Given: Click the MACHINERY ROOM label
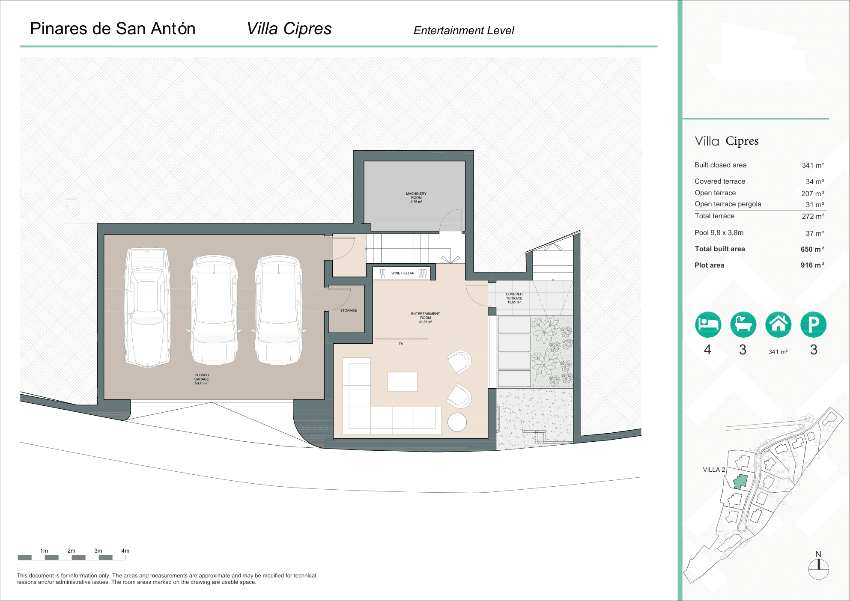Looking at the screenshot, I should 416,197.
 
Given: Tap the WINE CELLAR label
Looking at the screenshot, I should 403,273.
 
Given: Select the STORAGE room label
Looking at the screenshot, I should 348,310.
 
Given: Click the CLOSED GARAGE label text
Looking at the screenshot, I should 201,379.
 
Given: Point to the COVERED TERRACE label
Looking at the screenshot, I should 514,298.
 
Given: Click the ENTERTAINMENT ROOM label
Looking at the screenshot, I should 425,317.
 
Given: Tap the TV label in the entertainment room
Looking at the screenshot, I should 401,344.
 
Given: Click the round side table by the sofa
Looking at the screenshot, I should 457,422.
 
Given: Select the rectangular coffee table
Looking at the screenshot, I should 402,381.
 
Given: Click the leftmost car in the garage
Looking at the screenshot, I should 147,307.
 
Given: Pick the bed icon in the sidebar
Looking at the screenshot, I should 708,324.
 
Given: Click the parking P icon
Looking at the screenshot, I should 813,324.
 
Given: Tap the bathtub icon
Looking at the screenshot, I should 743,324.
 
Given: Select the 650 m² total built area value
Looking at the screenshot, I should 812,249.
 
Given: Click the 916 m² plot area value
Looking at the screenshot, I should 812,265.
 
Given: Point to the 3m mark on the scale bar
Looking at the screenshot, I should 98,551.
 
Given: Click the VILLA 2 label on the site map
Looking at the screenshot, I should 714,470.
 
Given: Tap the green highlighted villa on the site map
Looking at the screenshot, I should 740,482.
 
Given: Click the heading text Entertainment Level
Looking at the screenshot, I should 464,30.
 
